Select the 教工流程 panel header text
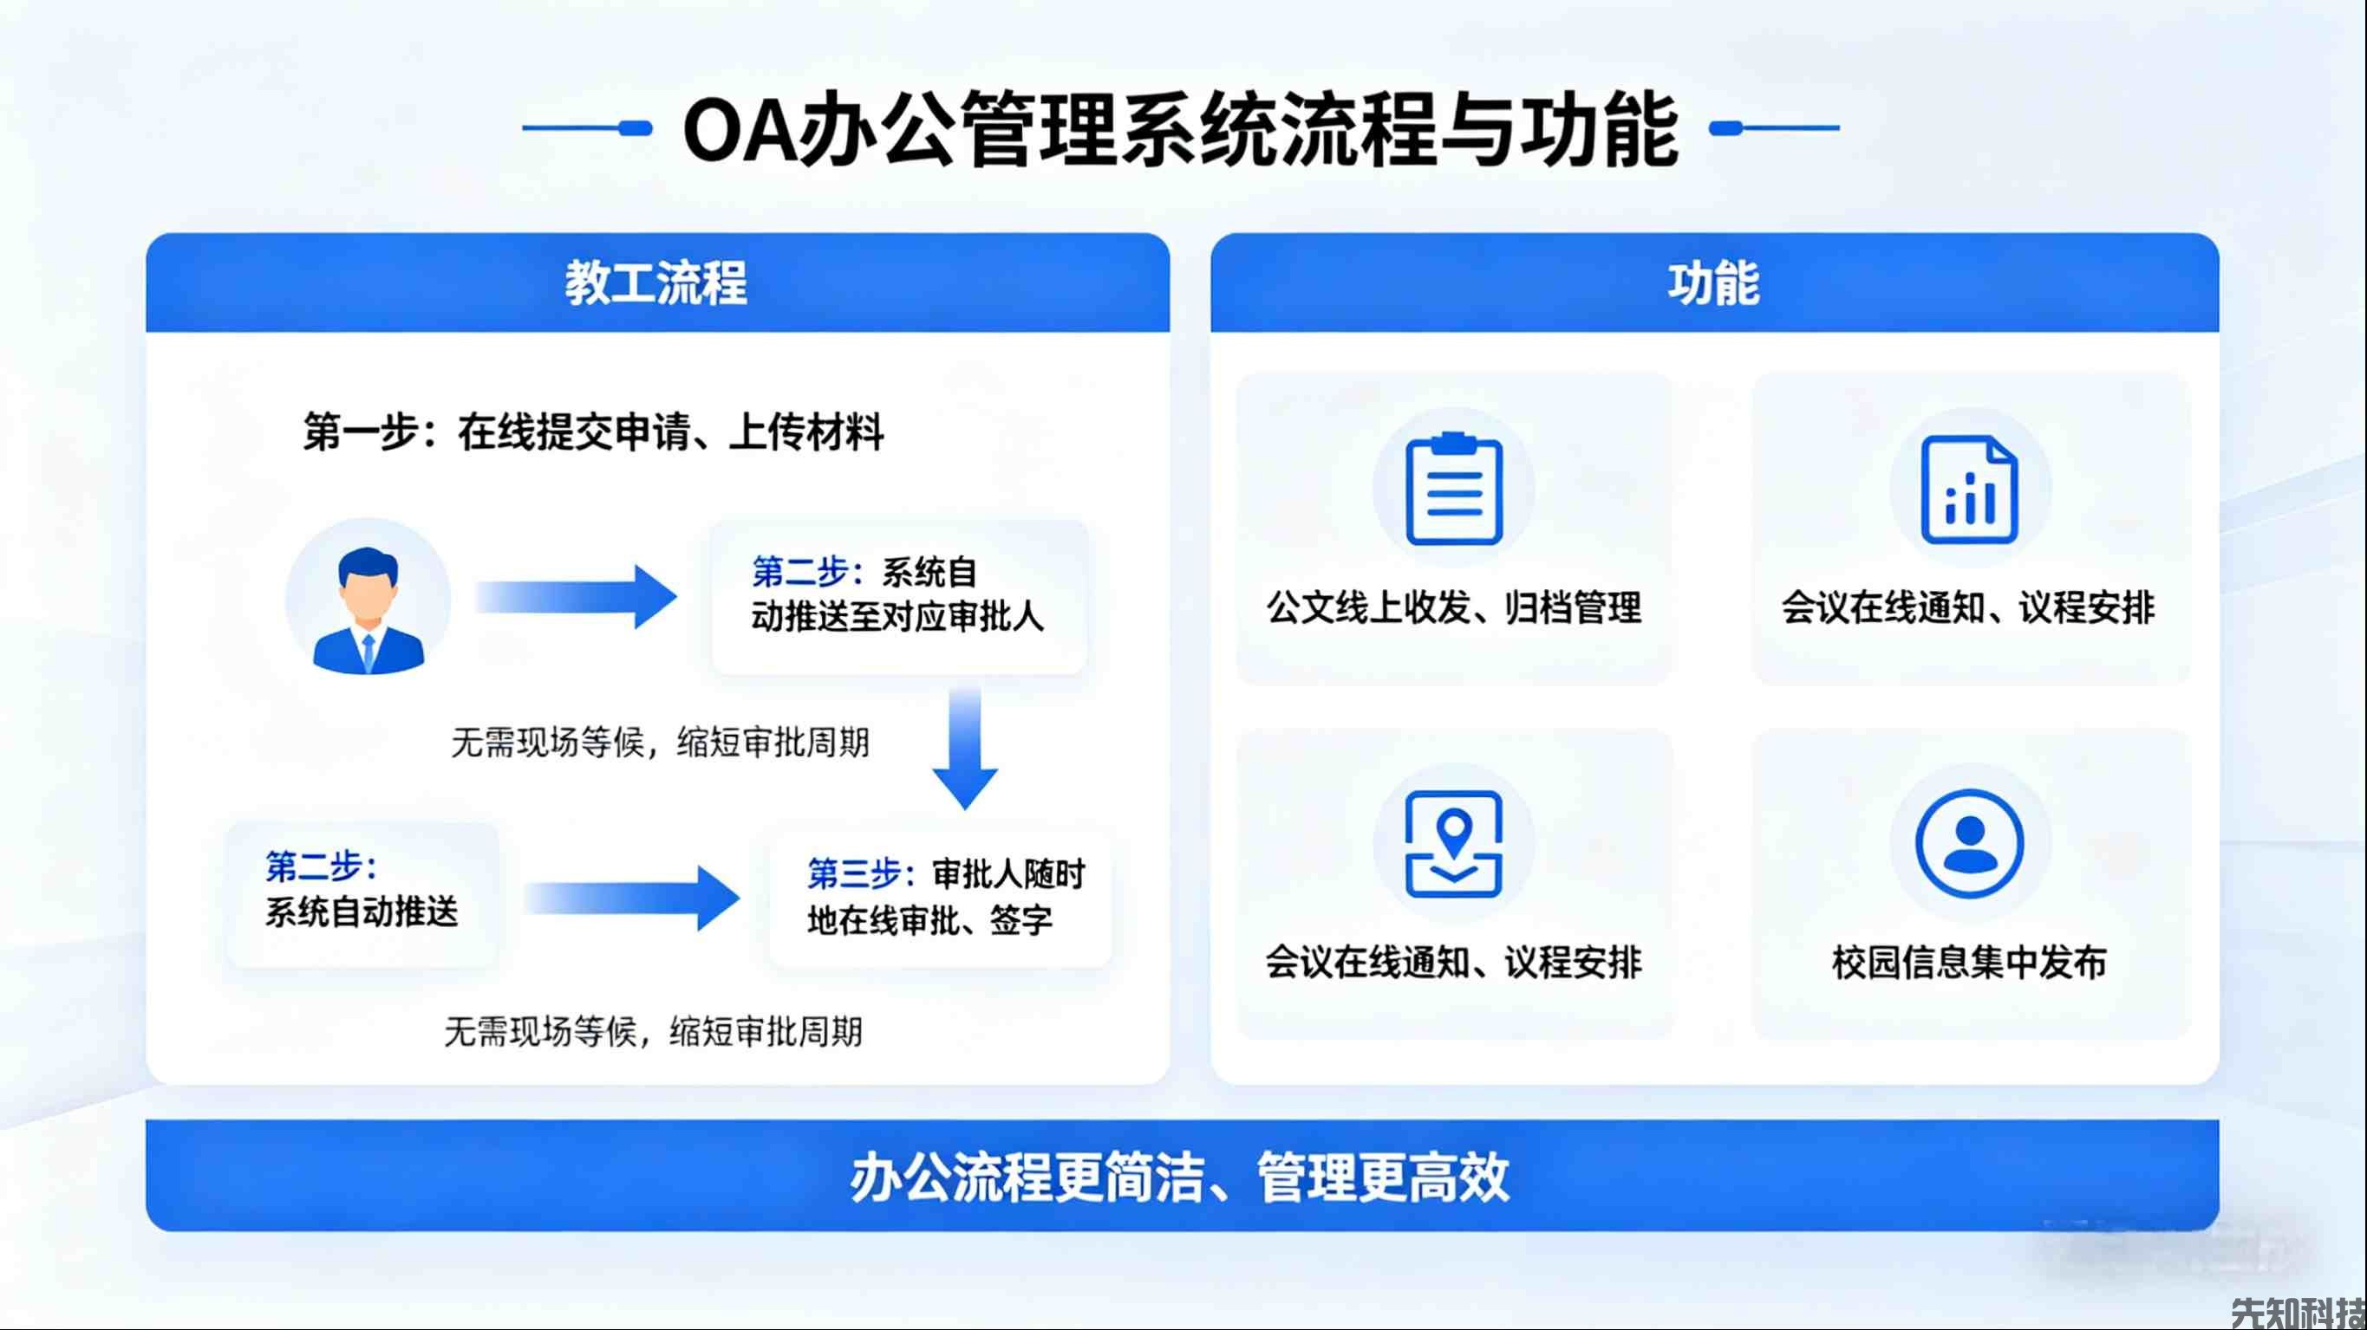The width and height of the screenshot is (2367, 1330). (656, 283)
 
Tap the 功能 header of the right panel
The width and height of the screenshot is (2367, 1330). (1713, 283)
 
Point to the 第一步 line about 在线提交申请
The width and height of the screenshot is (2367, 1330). (594, 431)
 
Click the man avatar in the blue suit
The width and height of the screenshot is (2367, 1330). (368, 600)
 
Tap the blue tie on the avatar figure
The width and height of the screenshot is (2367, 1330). (368, 652)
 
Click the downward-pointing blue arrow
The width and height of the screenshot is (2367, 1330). (965, 749)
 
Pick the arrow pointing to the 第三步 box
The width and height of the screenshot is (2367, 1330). (632, 898)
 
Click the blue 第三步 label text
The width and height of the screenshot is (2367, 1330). (854, 873)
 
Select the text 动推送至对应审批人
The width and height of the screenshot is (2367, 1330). (897, 616)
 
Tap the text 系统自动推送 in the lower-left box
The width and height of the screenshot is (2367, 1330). (361, 912)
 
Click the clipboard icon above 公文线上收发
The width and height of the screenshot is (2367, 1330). (1454, 489)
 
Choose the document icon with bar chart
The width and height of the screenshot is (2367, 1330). (1969, 490)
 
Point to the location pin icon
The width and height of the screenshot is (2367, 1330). (1454, 843)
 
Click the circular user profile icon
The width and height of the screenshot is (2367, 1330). (1969, 843)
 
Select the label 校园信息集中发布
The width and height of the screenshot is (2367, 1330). (1969, 963)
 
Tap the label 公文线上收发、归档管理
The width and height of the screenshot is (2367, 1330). (1454, 607)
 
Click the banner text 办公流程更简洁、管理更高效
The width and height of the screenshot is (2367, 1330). (1181, 1177)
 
